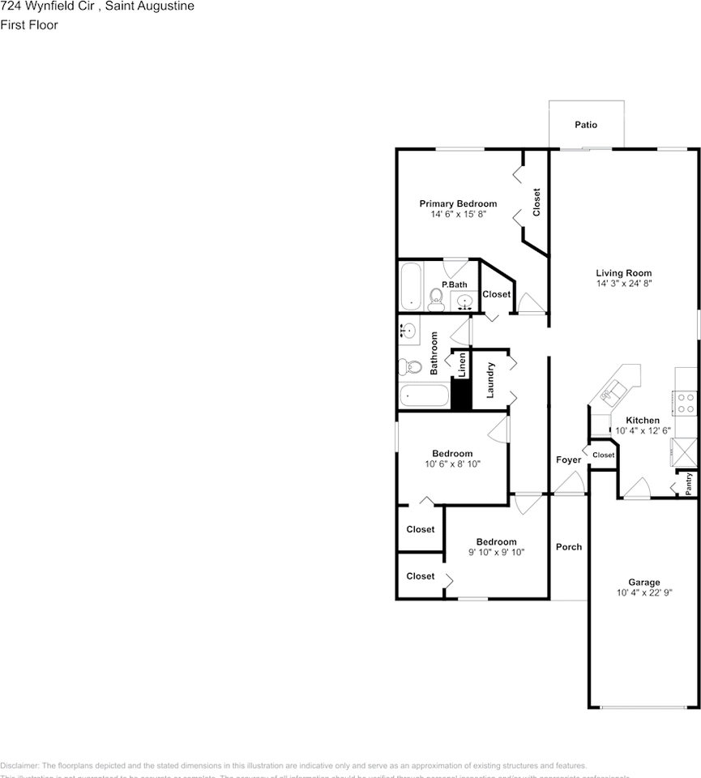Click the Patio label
coord(586,125)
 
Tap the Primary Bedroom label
coord(458,203)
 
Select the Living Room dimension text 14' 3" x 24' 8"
coord(624,284)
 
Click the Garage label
coord(644,582)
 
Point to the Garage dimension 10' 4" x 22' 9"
coord(644,592)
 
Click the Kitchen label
coord(643,420)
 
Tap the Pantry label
coord(689,483)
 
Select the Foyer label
coord(568,460)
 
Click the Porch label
coord(568,546)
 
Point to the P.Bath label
coord(454,284)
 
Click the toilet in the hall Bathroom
coord(410,367)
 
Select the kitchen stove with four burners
coord(686,403)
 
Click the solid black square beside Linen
coord(461,395)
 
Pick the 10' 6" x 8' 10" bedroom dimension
coord(451,464)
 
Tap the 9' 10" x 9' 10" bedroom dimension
coord(496,552)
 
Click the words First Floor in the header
coord(29,25)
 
